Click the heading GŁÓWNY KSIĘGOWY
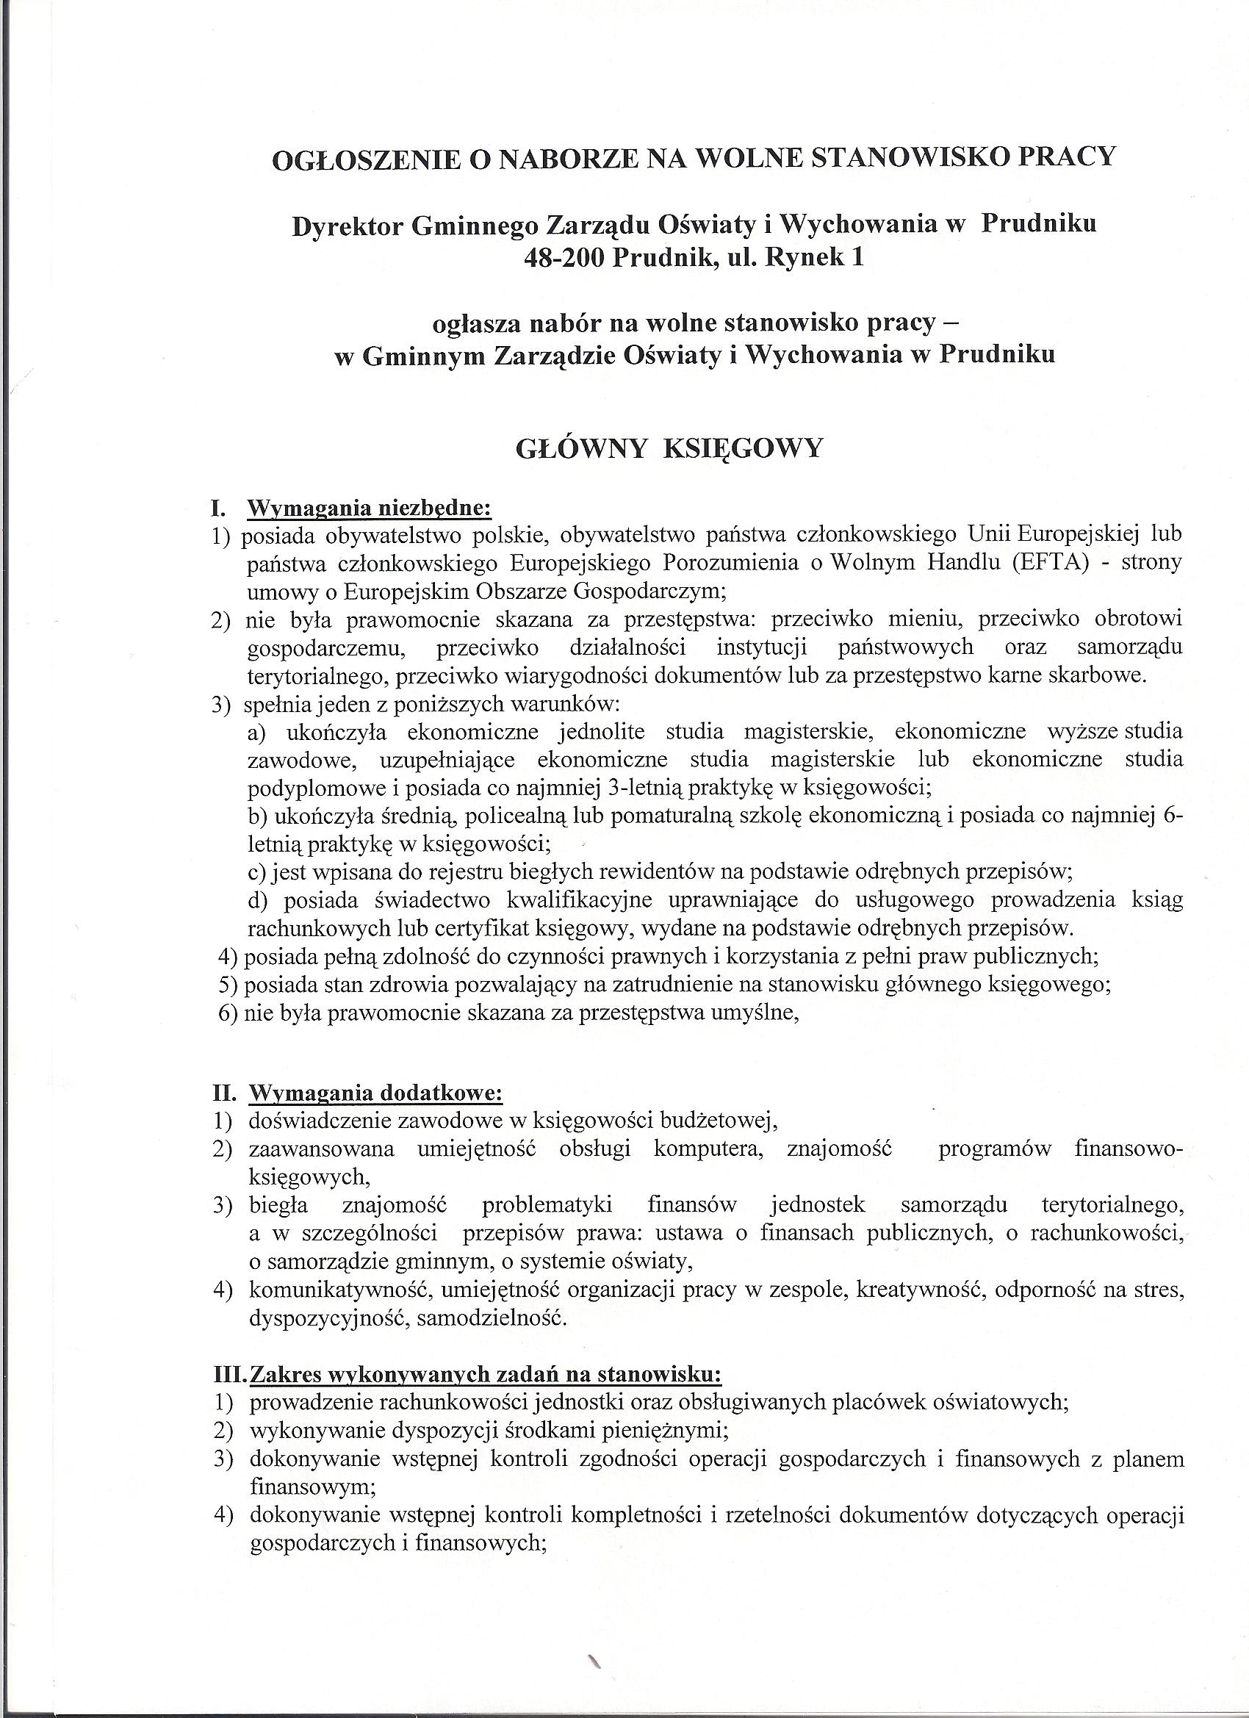pos(668,449)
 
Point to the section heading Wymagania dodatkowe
pos(375,1093)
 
